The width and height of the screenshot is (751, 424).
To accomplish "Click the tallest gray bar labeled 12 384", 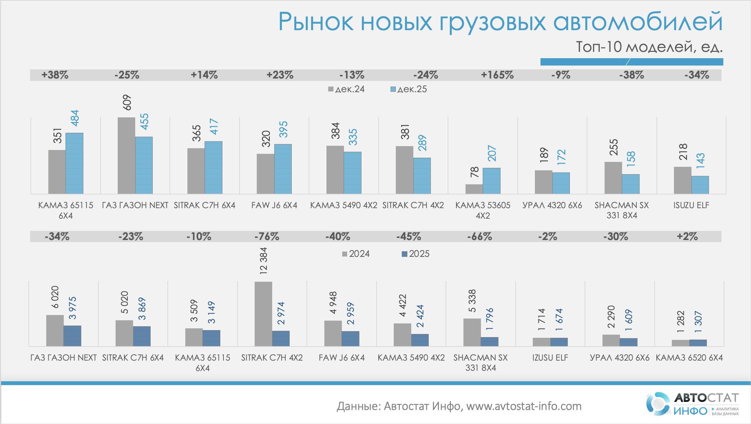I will point(263,314).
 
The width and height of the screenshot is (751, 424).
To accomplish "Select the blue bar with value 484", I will point(74,163).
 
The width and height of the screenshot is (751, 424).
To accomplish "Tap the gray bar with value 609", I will point(126,156).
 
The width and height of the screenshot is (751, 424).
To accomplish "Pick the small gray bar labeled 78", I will point(474,189).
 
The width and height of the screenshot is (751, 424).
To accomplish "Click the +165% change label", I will point(497,75).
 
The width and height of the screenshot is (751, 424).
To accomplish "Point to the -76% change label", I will point(267,237).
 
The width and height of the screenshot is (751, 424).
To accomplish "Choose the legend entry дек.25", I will point(409,89).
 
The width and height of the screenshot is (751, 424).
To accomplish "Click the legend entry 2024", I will point(356,254).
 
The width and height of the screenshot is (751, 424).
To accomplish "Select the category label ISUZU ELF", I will point(691,205).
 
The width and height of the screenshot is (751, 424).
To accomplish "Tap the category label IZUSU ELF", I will point(550,358).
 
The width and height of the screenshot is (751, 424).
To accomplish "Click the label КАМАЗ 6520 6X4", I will point(689,358).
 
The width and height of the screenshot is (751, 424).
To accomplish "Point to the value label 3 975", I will point(73,308).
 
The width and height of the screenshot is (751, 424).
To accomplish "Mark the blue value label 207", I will point(492,153).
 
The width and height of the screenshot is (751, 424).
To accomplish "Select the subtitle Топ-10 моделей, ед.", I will point(649,47).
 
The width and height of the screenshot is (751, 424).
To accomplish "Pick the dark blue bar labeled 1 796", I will point(489,341).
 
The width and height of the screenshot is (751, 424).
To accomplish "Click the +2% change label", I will point(687,237).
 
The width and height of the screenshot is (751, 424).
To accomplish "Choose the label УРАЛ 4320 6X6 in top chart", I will point(552,205).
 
